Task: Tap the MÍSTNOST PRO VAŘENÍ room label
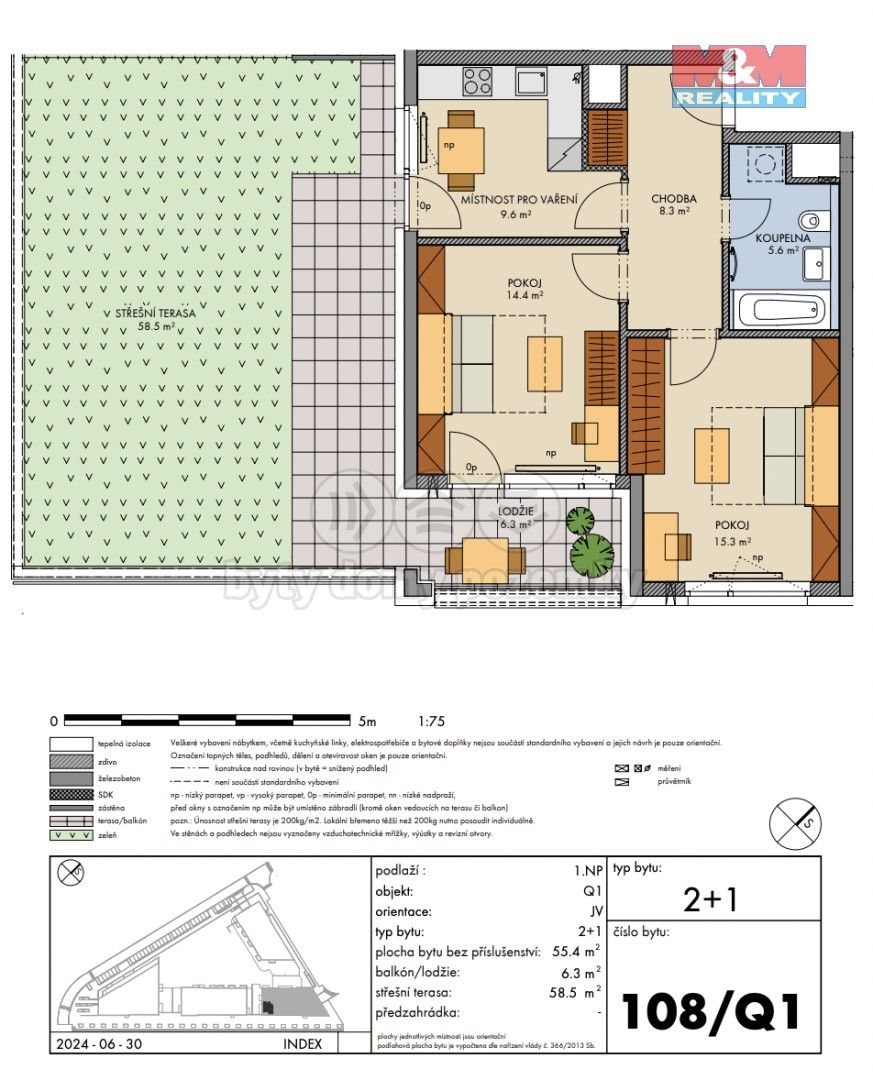tap(519, 200)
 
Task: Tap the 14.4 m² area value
tap(524, 295)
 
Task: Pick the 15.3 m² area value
tap(732, 540)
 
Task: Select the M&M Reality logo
tap(738, 76)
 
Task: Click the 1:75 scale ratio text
tap(432, 720)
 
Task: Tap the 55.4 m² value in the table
tap(579, 950)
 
